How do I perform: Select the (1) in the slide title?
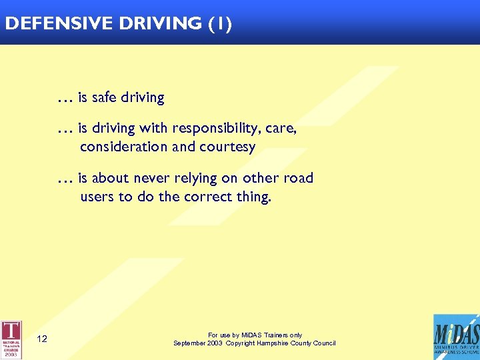(x=220, y=24)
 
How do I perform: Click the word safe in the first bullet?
(x=103, y=97)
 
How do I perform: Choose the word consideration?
(x=124, y=147)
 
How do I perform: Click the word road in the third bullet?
(x=298, y=178)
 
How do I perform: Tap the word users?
(x=97, y=197)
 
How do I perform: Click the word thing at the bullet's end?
(x=253, y=198)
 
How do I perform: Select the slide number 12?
(x=42, y=339)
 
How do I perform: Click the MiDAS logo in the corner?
(x=455, y=337)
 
